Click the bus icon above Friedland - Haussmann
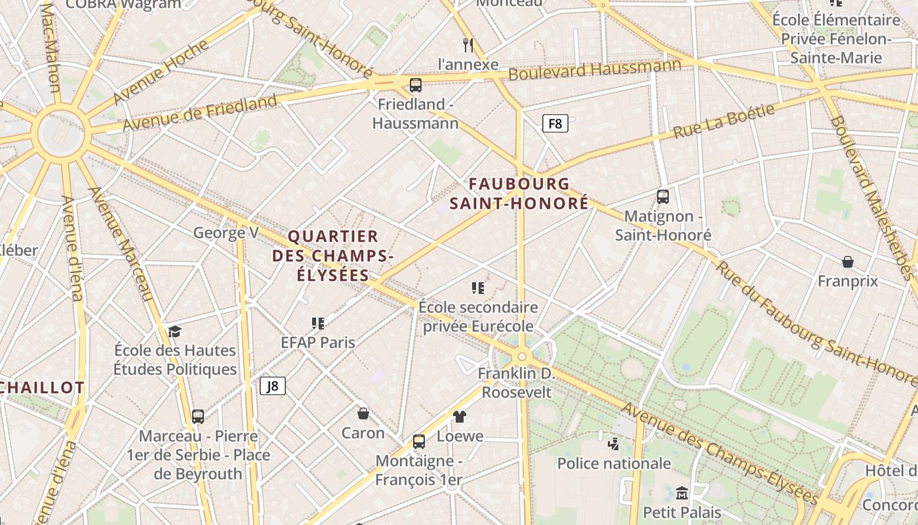(415, 85)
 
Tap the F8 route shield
(555, 123)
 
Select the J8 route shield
(273, 386)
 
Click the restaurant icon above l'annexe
(468, 45)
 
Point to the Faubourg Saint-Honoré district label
(519, 194)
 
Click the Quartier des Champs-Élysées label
(332, 255)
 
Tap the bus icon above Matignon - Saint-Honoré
(663, 196)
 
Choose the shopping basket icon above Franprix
(848, 262)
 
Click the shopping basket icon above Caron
(363, 413)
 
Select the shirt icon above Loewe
(460, 416)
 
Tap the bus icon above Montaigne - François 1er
(419, 441)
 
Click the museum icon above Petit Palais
(682, 492)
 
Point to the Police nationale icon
(614, 444)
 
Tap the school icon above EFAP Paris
(318, 322)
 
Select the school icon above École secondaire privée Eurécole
(478, 287)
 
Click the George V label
(226, 232)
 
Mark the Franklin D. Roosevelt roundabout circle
(522, 356)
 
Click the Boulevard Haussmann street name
(595, 70)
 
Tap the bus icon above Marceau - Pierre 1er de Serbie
(197, 416)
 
